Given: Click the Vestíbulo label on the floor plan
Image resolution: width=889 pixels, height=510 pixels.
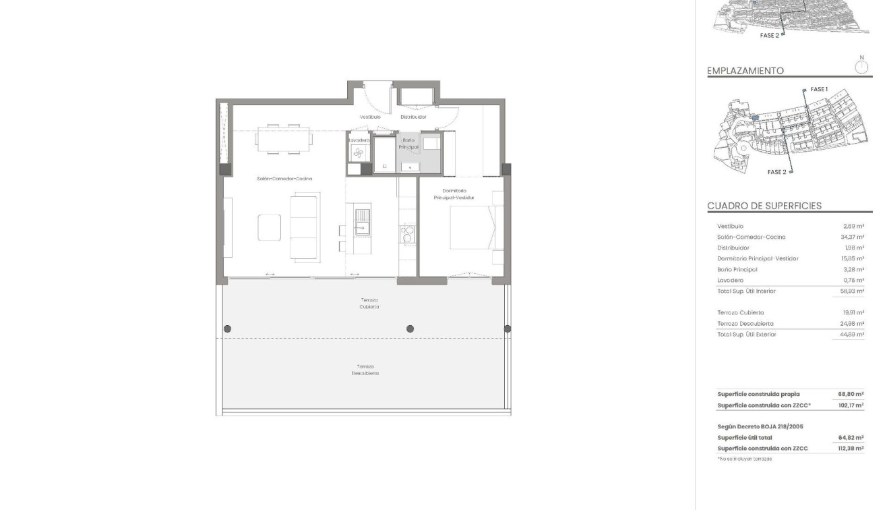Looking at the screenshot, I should tap(370, 117).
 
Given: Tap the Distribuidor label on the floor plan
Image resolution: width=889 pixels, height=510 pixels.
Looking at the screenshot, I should tap(413, 117).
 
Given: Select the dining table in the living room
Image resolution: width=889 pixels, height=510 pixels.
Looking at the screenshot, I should tap(284, 139).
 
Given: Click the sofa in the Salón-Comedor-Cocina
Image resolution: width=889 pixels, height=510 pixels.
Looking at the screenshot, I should tap(305, 226).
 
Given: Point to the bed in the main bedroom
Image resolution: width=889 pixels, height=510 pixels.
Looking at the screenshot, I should tap(472, 228).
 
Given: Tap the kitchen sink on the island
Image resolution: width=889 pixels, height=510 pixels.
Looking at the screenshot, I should tap(362, 222).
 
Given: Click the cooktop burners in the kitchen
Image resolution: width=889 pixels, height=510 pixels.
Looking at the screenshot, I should tap(407, 234).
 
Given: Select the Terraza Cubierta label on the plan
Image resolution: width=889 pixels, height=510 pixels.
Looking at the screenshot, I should tap(369, 304).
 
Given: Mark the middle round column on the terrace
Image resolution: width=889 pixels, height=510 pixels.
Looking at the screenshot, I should tap(410, 329).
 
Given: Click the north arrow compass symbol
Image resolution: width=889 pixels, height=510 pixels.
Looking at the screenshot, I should tap(861, 66).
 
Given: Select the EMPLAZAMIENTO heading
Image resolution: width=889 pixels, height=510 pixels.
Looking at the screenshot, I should tap(745, 71).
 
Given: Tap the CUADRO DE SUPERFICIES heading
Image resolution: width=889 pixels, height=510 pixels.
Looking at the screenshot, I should tap(764, 206).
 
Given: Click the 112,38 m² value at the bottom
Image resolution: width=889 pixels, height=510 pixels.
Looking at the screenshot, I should tap(851, 449).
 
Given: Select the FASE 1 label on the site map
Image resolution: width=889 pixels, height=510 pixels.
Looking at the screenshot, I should tap(818, 89).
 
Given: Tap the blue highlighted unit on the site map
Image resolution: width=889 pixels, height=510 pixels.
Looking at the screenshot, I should tap(756, 117).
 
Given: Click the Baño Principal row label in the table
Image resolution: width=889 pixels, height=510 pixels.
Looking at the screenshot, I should tap(737, 270).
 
